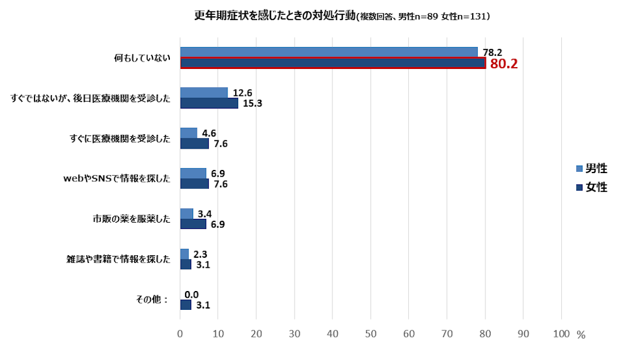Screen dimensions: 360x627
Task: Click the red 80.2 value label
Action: pyautogui.click(x=503, y=63)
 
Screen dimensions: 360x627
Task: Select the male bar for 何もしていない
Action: pyautogui.click(x=329, y=52)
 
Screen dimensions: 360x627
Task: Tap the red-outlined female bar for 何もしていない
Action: pyautogui.click(x=332, y=63)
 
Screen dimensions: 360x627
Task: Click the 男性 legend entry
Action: pyautogui.click(x=592, y=168)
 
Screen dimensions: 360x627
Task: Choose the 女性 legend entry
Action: pyautogui.click(x=592, y=187)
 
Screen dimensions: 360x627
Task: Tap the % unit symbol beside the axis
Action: pyautogui.click(x=581, y=335)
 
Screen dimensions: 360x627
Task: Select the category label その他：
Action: pyautogui.click(x=152, y=299)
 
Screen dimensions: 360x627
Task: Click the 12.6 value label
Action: pyautogui.click(x=241, y=93)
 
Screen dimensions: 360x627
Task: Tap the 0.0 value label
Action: pyautogui.click(x=191, y=294)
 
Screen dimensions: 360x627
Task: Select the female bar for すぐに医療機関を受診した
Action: pyautogui.click(x=194, y=144)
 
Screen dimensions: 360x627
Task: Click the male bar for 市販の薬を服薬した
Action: pyautogui.click(x=186, y=213)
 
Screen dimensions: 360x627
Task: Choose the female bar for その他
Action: pyautogui.click(x=186, y=305)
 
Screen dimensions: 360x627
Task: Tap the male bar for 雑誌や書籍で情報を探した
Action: pyautogui.click(x=184, y=253)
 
